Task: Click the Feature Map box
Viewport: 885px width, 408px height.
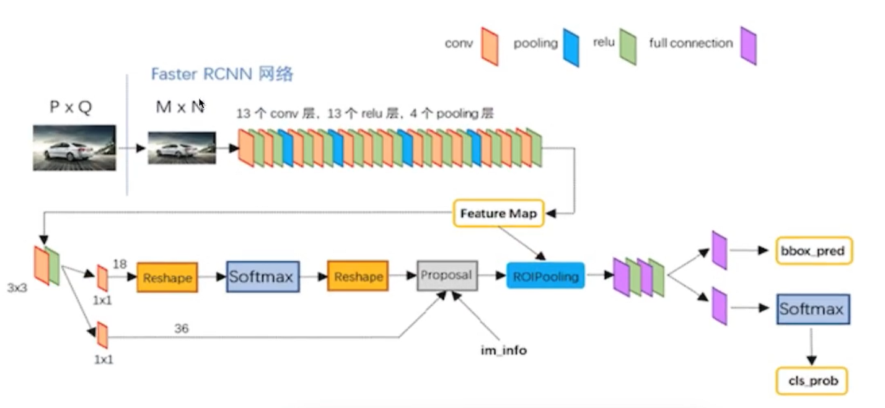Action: (499, 214)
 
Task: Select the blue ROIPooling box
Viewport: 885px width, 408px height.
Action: (545, 276)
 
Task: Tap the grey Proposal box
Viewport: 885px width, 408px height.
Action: (447, 276)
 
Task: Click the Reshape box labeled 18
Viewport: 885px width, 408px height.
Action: (167, 277)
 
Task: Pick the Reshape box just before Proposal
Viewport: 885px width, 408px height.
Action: (358, 276)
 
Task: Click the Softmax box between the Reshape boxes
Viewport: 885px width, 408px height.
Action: (263, 277)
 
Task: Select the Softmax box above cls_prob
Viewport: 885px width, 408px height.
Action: (813, 309)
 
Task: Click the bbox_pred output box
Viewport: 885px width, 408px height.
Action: (814, 251)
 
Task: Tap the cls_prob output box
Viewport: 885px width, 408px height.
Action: (812, 381)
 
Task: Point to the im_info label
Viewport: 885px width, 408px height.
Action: (504, 350)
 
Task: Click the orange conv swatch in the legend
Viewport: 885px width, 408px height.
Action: (490, 46)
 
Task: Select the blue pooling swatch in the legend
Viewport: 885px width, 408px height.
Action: (571, 47)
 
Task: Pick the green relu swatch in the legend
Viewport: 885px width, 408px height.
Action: (628, 46)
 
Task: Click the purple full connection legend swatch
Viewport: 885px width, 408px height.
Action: (748, 46)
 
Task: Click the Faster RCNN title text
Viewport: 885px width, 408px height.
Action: (222, 74)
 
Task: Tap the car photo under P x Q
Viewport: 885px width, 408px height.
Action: (74, 147)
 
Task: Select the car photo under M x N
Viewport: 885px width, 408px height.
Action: (182, 147)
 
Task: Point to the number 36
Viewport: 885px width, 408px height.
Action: (182, 328)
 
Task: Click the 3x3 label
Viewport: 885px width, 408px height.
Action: (17, 288)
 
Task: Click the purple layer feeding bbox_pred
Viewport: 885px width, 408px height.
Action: (720, 251)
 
